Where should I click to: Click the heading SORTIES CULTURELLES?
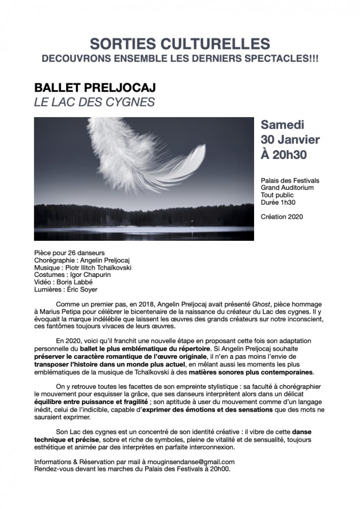point(180,44)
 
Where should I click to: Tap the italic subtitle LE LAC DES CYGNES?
point(94,102)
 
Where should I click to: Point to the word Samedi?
point(283,125)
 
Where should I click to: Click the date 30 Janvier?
point(290,139)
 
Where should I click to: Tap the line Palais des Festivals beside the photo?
point(290,180)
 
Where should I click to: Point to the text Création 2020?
point(282,216)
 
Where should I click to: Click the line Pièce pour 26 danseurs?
point(69,253)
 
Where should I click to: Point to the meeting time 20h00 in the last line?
point(219,469)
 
